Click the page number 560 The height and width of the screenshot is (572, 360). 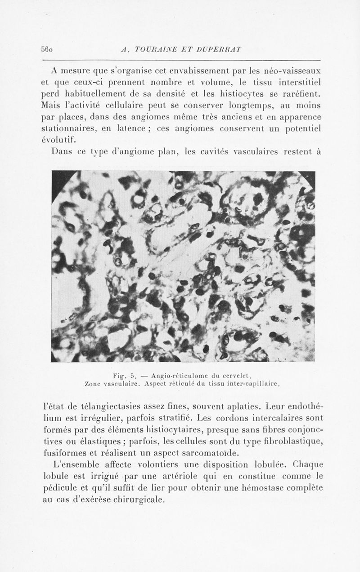47,49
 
